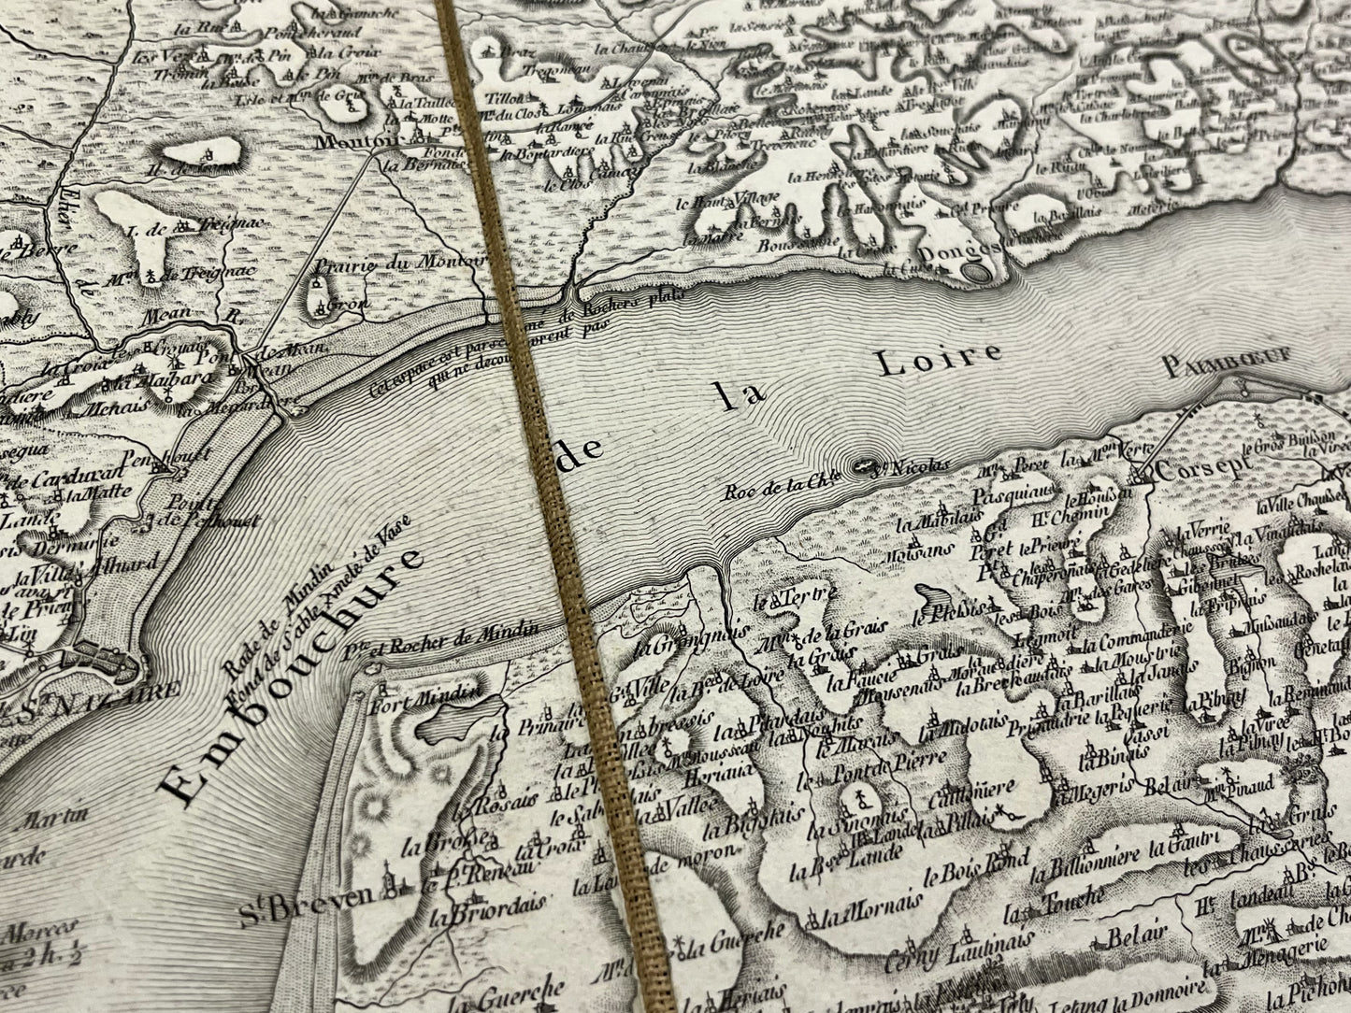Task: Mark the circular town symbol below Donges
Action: (976, 272)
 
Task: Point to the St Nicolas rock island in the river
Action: (866, 465)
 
